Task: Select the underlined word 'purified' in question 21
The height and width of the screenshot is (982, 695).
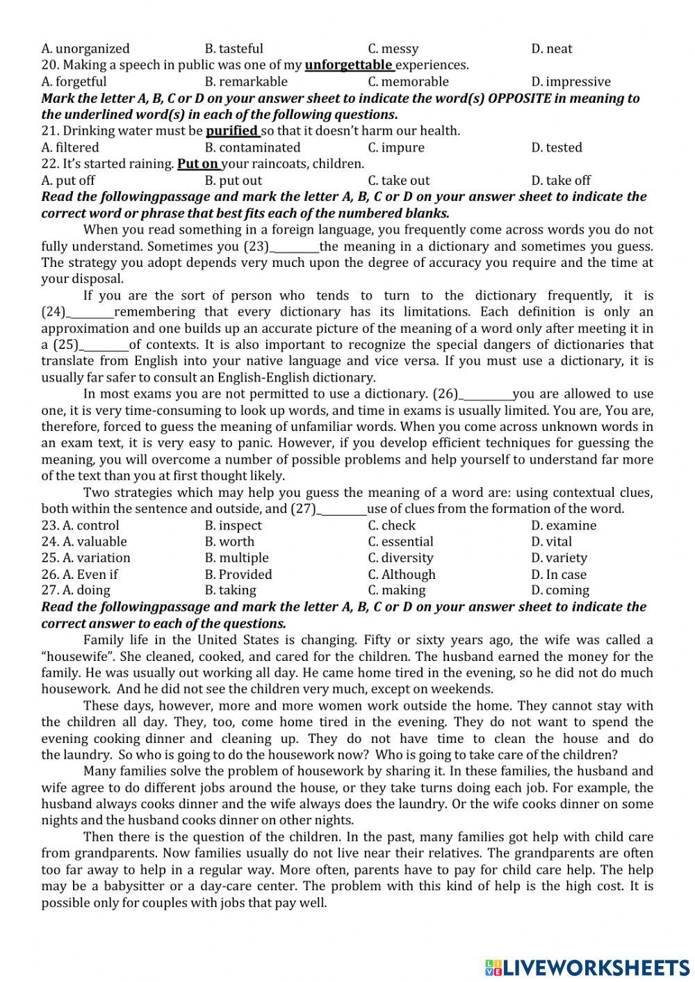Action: (232, 131)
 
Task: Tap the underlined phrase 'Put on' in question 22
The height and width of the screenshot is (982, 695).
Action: (198, 164)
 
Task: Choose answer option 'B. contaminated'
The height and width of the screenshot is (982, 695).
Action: (252, 147)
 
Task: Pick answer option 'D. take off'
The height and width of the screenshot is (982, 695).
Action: (561, 181)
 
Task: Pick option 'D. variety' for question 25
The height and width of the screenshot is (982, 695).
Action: (559, 558)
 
